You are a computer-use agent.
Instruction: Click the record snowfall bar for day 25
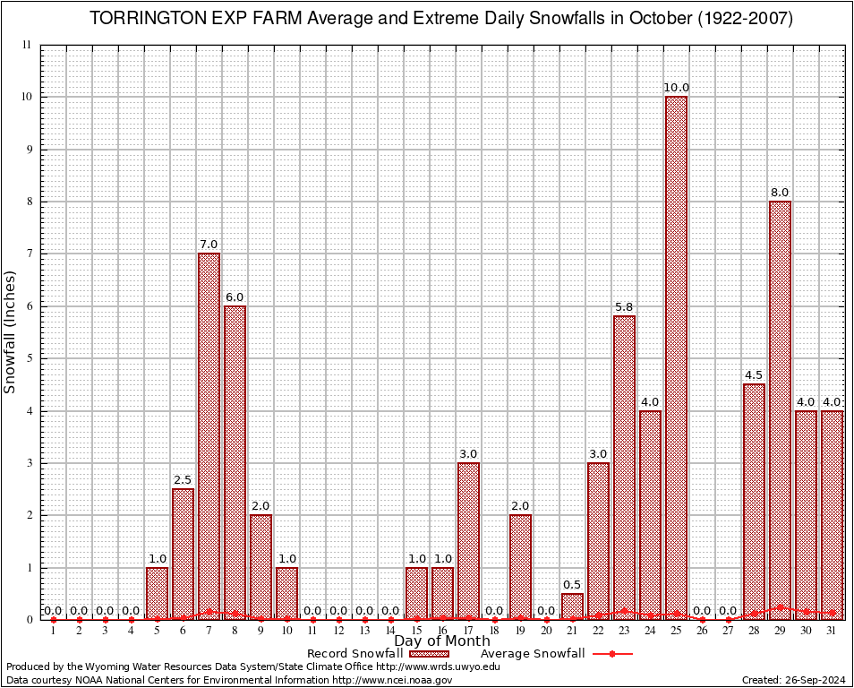click(x=676, y=358)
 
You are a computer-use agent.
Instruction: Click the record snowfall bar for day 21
click(x=572, y=606)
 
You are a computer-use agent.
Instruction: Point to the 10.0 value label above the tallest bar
click(x=676, y=88)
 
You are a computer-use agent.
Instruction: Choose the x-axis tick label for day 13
click(x=364, y=632)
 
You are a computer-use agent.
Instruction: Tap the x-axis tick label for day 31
click(x=832, y=632)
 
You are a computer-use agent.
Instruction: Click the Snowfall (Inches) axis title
click(x=11, y=332)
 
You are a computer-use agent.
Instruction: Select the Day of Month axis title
click(x=442, y=641)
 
